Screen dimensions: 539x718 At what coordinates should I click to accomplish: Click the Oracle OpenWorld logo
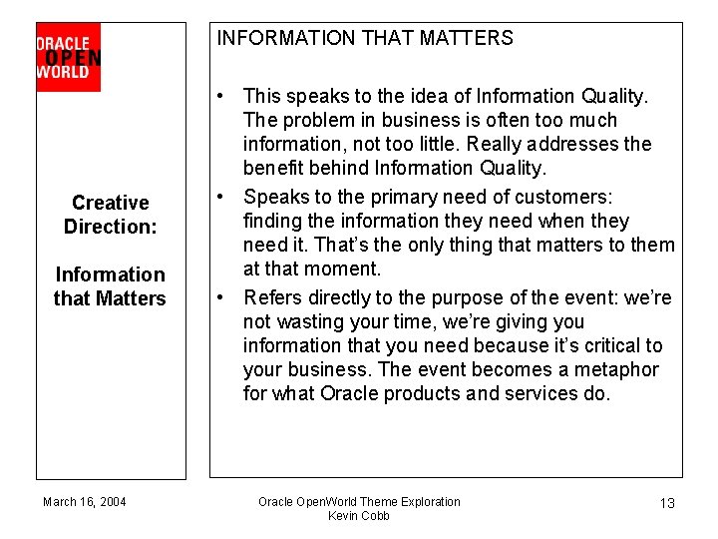pos(68,57)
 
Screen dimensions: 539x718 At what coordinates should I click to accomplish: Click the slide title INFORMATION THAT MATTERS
pos(365,39)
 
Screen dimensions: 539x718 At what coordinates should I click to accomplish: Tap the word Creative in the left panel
pos(111,203)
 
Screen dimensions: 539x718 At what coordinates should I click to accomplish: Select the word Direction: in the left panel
pos(111,227)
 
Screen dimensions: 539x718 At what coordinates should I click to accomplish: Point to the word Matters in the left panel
pos(134,298)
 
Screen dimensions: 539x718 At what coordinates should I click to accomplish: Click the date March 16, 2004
pos(85,501)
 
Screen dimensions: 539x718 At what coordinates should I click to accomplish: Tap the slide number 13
pos(667,503)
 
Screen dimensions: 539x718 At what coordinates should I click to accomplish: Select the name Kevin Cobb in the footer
pos(359,515)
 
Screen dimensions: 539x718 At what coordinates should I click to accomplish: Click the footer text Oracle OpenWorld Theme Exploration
pos(359,501)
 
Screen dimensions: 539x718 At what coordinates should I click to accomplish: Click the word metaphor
pos(618,369)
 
